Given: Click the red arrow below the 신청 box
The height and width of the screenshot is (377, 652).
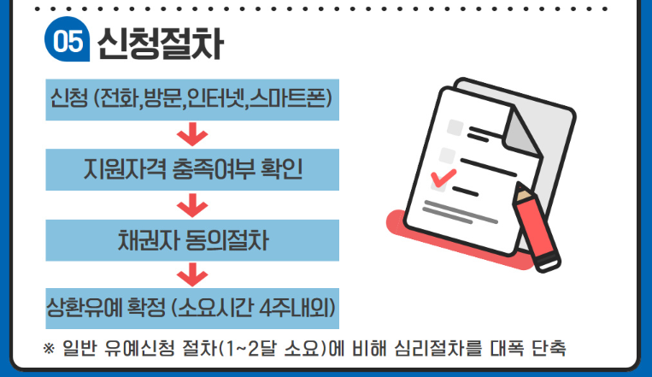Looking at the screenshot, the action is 192,135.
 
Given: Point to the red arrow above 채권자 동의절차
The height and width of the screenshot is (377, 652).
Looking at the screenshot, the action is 192,204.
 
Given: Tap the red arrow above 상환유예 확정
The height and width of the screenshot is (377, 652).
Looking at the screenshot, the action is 192,273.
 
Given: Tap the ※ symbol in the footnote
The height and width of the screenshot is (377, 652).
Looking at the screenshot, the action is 48,349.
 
